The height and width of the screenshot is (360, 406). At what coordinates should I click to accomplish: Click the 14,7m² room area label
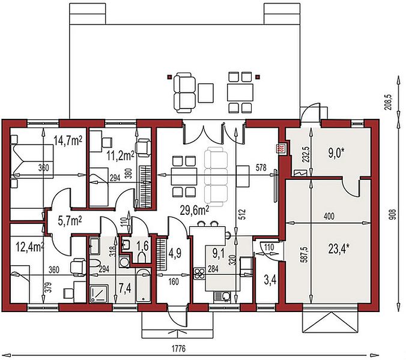pos(68,141)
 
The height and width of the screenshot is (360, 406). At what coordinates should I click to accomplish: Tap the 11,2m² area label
pos(120,155)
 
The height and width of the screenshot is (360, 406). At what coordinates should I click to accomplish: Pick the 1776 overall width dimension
pos(178,349)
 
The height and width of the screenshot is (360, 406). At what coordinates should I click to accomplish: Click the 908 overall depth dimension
pos(393,215)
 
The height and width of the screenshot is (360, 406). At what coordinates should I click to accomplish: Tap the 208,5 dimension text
pos(388,102)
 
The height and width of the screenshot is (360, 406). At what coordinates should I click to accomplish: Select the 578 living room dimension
pos(261,167)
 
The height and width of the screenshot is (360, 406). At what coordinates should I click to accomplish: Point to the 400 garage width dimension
pos(329,216)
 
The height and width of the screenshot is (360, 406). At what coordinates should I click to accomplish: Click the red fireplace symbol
pos(281,148)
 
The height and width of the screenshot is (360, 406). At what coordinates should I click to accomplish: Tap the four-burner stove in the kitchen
pos(199,274)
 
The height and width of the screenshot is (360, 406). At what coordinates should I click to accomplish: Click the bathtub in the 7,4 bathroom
pos(143,285)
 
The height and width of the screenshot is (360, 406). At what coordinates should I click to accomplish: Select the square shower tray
pos(99,293)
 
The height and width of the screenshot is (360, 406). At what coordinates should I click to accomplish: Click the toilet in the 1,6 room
pos(142,257)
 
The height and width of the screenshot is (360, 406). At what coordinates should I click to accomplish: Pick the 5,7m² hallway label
pos(70,221)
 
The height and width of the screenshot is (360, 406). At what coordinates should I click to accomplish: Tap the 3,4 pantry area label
pos(270,280)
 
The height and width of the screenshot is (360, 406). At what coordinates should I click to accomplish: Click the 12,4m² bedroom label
pos(30,247)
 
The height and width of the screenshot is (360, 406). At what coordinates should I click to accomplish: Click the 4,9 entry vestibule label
pos(174,254)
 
